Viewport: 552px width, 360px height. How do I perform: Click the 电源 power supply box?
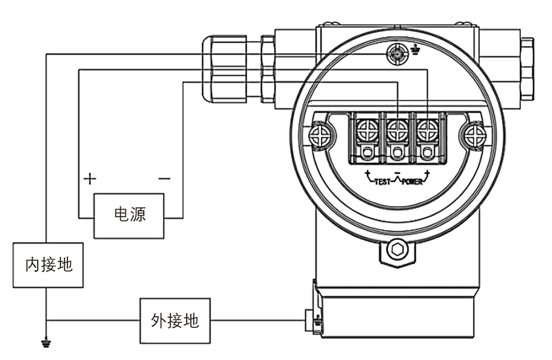pyautogui.click(x=129, y=216)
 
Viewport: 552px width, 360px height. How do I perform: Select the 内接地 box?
pyautogui.click(x=49, y=265)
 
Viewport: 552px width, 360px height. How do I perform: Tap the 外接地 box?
pyautogui.click(x=175, y=320)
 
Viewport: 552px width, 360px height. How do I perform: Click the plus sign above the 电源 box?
pyautogui.click(x=90, y=179)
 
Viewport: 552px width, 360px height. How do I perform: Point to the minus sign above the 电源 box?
pyautogui.click(x=164, y=179)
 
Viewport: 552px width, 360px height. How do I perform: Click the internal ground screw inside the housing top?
pyautogui.click(x=397, y=55)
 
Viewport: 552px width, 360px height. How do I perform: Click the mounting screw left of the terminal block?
pyautogui.click(x=320, y=135)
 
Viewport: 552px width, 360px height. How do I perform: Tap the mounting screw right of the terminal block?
pyautogui.click(x=475, y=135)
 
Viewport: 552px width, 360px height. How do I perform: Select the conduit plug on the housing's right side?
pyautogui.click(x=527, y=68)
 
